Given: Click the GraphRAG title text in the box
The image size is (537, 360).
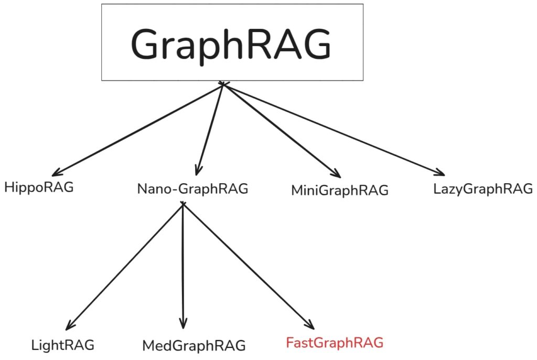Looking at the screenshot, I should (x=231, y=44).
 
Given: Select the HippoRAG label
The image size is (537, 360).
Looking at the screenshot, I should (x=39, y=187).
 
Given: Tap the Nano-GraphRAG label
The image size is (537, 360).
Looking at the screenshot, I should (x=192, y=189).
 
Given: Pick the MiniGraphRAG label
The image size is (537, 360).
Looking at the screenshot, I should (x=340, y=190).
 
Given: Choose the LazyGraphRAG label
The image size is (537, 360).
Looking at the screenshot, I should (x=483, y=188).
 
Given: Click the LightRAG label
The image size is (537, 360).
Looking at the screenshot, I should (x=63, y=345).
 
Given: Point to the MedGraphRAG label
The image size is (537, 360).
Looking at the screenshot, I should (x=194, y=346).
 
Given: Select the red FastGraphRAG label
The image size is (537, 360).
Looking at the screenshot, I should (x=335, y=343).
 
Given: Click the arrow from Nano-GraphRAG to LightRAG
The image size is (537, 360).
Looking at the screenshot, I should (x=126, y=265).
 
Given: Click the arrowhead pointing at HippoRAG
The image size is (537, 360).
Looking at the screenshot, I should (x=57, y=172).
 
